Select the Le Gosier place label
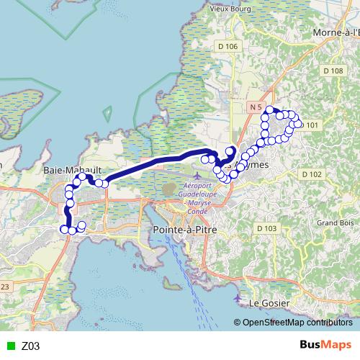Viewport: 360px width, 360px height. [x=267, y=303]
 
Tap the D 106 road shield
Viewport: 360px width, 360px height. [x=228, y=46]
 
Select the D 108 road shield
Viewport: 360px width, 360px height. [x=333, y=71]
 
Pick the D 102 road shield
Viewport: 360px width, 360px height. [x=311, y=174]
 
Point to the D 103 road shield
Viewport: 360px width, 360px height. [x=266, y=228]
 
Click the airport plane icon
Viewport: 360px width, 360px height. [x=200, y=175]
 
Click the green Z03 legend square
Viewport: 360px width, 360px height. [x=9, y=346]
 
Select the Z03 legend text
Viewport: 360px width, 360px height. [x=31, y=346]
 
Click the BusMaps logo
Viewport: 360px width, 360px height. [x=326, y=345]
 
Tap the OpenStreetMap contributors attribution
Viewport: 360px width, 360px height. [x=296, y=323]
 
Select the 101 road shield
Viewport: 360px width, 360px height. [x=311, y=125]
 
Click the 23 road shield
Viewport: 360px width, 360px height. [x=4, y=287]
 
